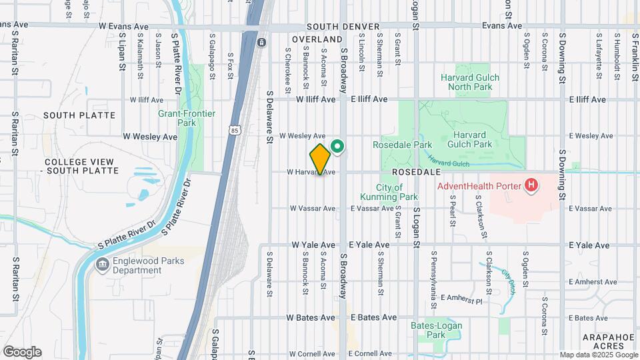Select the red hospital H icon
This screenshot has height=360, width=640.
(531, 185)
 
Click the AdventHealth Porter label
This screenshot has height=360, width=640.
(479, 185)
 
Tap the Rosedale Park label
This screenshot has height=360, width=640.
(403, 145)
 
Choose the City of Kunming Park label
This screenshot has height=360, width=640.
(388, 191)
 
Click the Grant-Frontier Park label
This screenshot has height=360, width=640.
(187, 118)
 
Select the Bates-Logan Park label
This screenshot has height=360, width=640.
(437, 330)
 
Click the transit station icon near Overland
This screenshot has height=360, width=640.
(261, 43)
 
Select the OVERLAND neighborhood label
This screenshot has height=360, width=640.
(307, 39)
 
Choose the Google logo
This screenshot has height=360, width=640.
(22, 351)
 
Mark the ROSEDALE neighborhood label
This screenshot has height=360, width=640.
(414, 171)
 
